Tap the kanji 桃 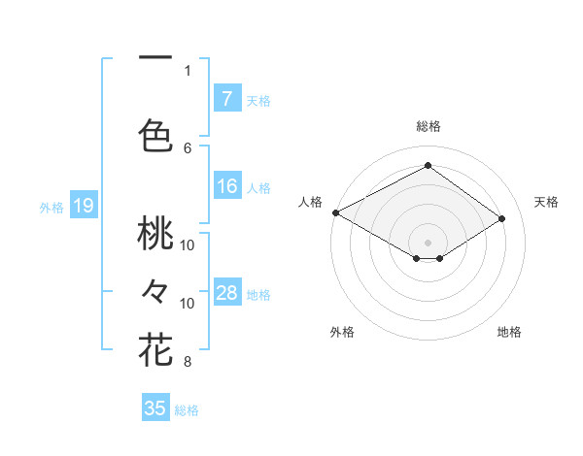155,236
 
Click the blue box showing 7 226,98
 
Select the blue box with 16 226,187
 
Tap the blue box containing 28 226,293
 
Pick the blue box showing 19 84,206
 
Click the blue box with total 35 155,408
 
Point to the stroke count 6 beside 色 188,147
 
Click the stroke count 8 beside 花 188,363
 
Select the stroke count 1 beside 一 188,70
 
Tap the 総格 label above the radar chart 428,126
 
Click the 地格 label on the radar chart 509,332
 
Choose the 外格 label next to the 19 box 51,207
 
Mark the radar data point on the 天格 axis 502,219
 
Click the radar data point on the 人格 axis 335,212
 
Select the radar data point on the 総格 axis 428,166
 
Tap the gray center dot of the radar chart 428,241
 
